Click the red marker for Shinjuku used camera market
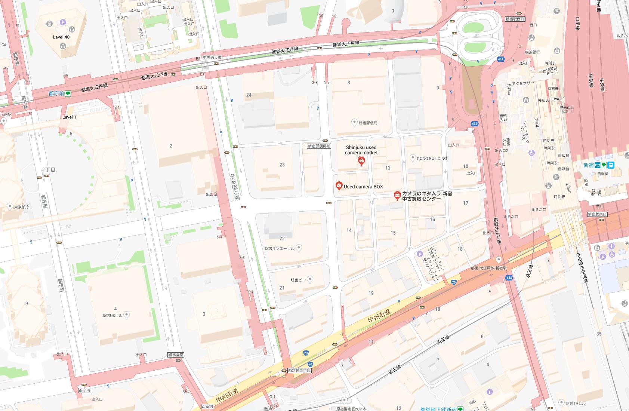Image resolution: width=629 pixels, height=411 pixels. pyautogui.click(x=361, y=161)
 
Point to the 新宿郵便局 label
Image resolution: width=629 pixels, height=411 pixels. pyautogui.click(x=368, y=123)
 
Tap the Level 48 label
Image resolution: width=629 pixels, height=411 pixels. pyautogui.click(x=61, y=37)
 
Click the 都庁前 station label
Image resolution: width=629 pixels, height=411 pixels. pyautogui.click(x=56, y=93)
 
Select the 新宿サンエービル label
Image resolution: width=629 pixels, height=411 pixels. pyautogui.click(x=280, y=248)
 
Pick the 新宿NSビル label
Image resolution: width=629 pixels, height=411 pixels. pyautogui.click(x=112, y=315)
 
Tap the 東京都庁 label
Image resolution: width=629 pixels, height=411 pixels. pyautogui.click(x=22, y=207)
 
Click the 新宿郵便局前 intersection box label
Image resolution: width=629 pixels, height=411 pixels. pyautogui.click(x=319, y=146)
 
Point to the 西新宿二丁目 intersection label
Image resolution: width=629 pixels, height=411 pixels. pyautogui.click(x=299, y=370)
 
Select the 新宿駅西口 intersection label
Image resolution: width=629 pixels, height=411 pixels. pyautogui.click(x=515, y=19)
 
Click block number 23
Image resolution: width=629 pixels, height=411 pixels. pyautogui.click(x=282, y=165)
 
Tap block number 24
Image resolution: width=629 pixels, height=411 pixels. pyautogui.click(x=249, y=95)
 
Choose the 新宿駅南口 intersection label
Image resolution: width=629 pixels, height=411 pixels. pyautogui.click(x=597, y=214)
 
